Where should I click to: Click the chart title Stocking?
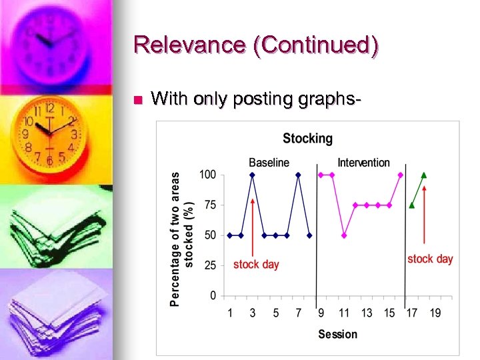(x=307, y=139)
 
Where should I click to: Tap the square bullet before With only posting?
(x=137, y=101)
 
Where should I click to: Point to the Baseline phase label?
(x=269, y=162)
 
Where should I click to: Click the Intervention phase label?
(x=363, y=162)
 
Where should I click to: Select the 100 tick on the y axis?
(x=207, y=175)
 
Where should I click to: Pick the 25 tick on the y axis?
(x=209, y=265)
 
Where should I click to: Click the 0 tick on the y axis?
(x=213, y=295)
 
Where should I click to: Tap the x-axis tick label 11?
(x=344, y=312)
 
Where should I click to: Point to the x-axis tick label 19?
(x=435, y=312)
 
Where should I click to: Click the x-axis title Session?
(x=337, y=334)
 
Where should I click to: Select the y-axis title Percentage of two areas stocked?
(x=181, y=239)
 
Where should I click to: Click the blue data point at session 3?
(x=252, y=175)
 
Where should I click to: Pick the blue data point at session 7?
(x=298, y=175)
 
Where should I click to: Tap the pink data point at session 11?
(x=344, y=235)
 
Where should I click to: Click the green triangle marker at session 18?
(x=424, y=175)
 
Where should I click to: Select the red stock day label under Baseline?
(x=256, y=265)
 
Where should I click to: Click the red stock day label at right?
(x=430, y=259)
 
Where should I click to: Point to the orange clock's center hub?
(x=48, y=131)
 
